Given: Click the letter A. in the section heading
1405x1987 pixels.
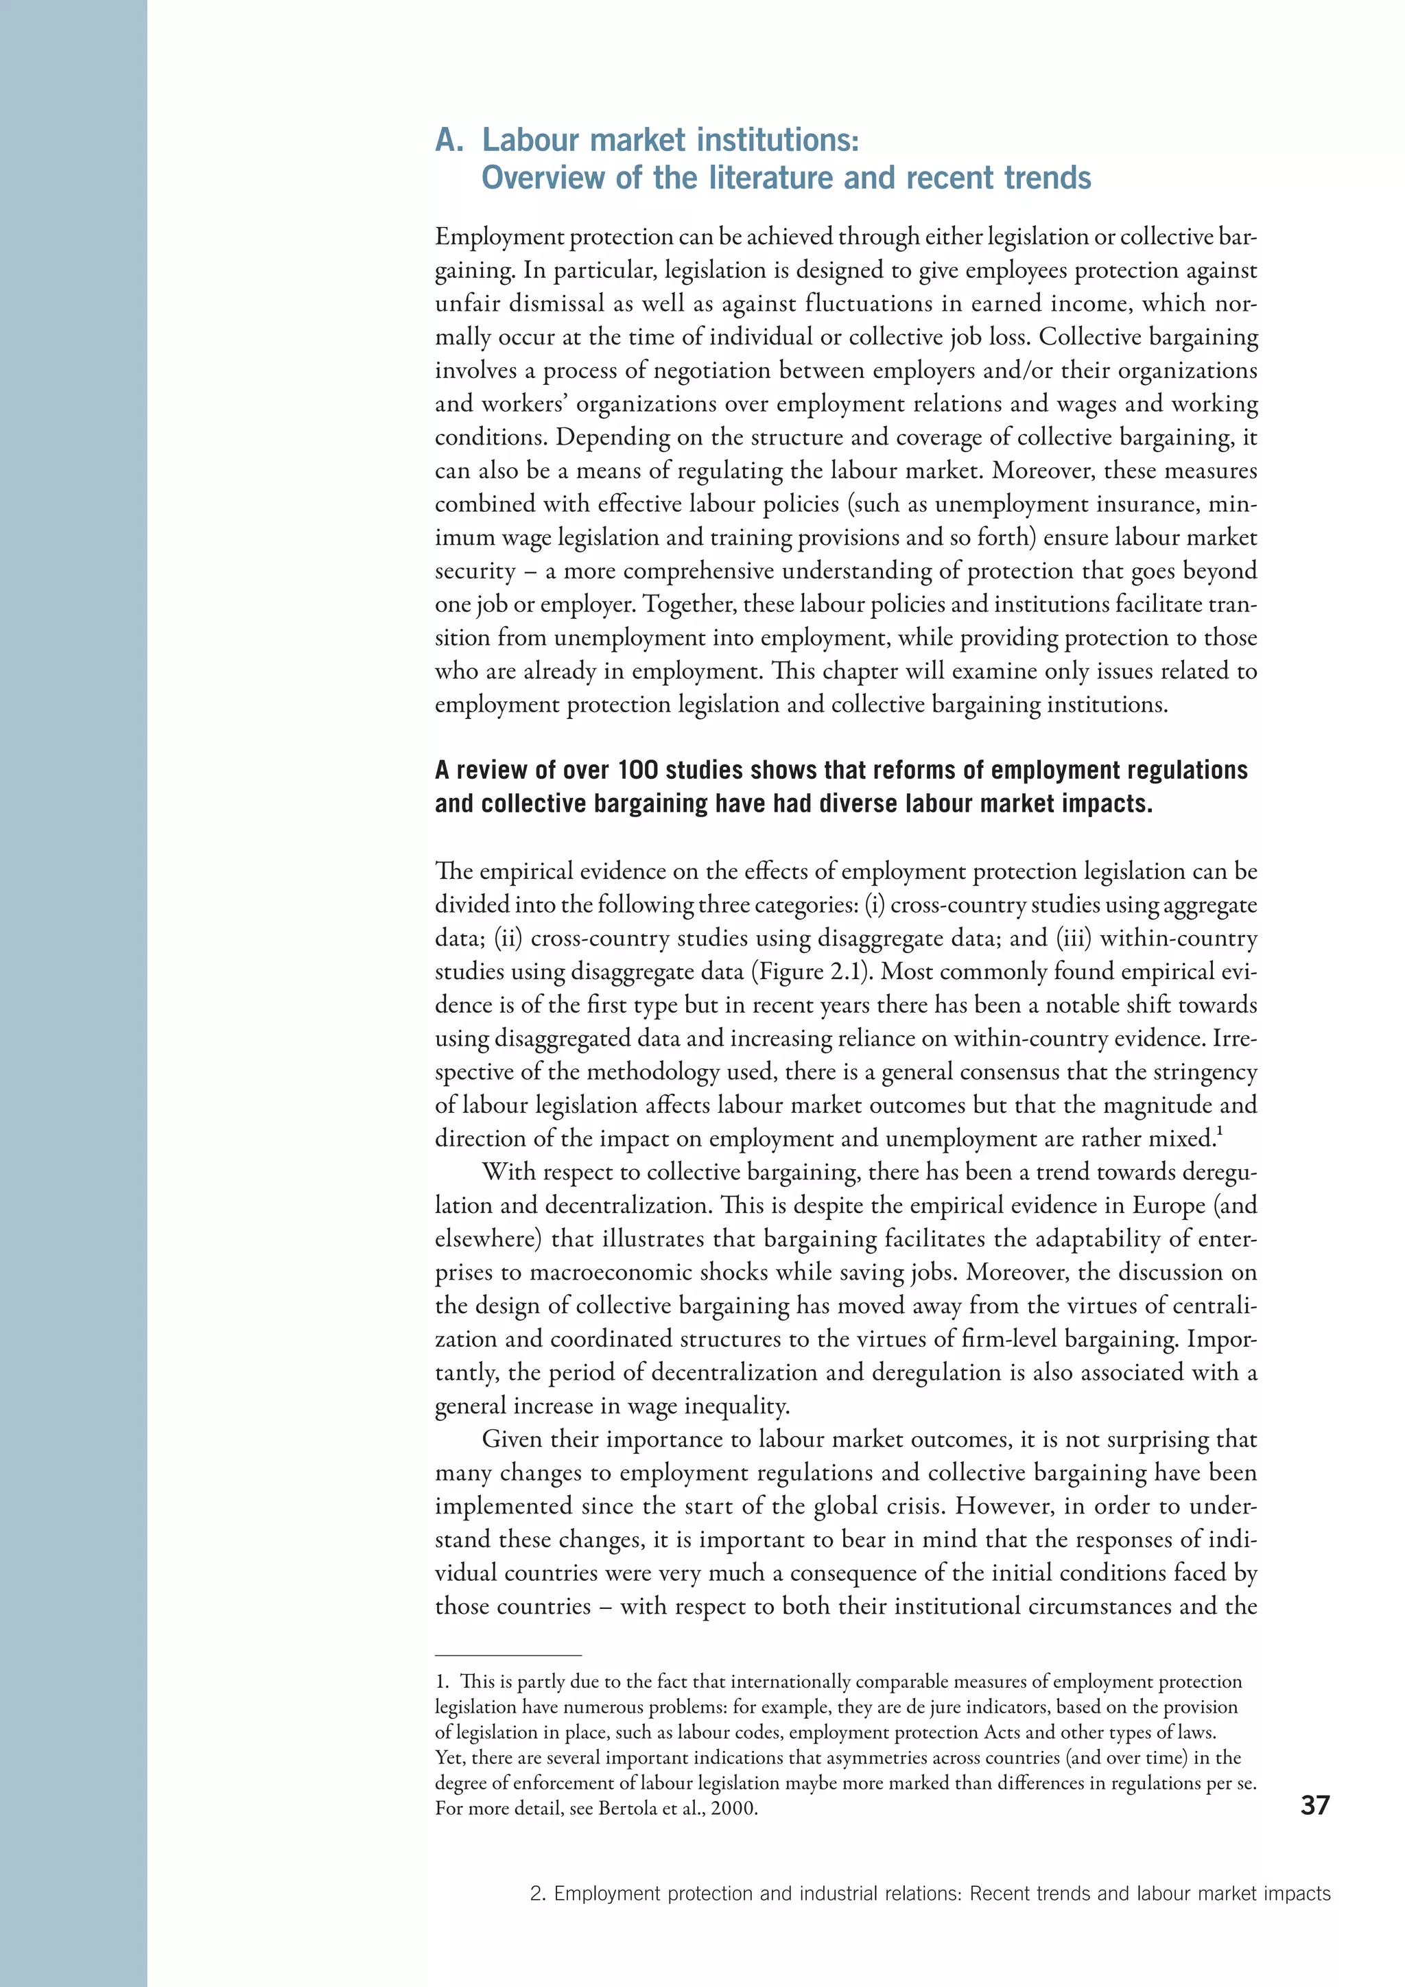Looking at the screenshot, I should click(449, 140).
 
